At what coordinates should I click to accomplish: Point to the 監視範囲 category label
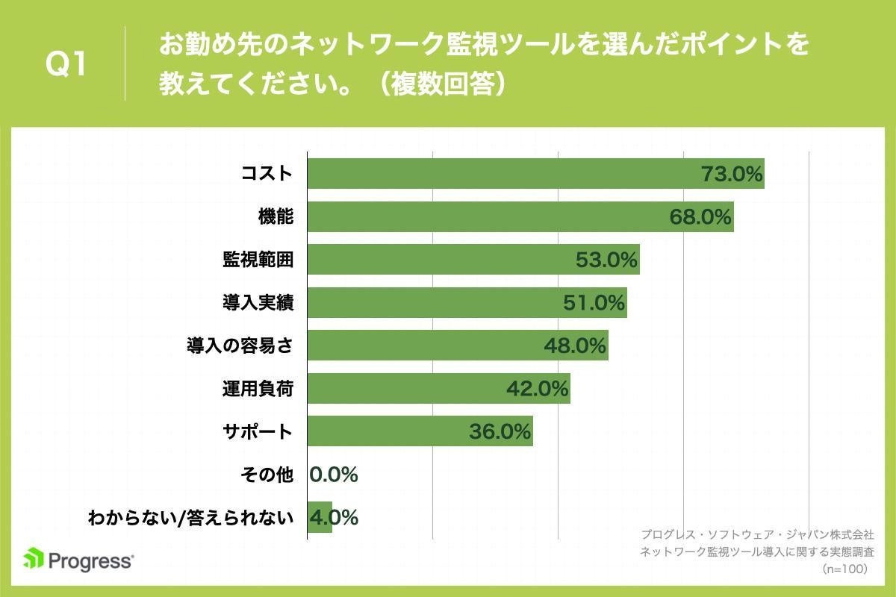tap(257, 260)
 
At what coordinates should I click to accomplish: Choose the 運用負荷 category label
tap(257, 389)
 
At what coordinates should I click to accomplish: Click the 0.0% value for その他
tap(334, 475)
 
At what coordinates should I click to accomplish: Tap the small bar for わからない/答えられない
tap(320, 517)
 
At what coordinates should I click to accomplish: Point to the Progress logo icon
tap(33, 558)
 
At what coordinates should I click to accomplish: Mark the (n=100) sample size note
tap(844, 569)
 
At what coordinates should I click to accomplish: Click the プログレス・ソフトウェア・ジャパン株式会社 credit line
tap(756, 535)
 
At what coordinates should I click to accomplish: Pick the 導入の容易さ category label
tap(239, 346)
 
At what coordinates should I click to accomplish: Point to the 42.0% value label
tap(537, 389)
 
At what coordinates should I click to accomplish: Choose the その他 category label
tap(267, 475)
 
